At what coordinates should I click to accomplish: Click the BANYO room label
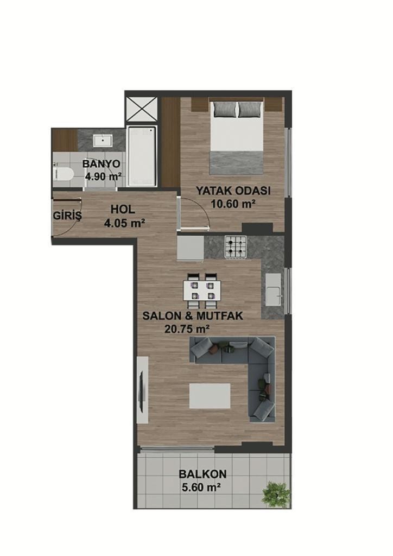point(101,164)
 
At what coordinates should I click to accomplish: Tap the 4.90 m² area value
point(104,176)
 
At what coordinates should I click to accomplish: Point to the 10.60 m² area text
point(233,204)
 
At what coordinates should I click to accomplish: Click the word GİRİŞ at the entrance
point(67,216)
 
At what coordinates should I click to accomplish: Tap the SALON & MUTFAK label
point(193,315)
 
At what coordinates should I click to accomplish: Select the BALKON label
point(202,474)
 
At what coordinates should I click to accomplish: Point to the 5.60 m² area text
point(199,488)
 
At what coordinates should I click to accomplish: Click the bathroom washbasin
point(103,141)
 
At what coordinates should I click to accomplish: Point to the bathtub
point(141,156)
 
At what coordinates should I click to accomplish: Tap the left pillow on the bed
point(225,110)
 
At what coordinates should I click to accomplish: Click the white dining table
point(201,291)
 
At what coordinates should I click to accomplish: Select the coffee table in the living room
point(210,396)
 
